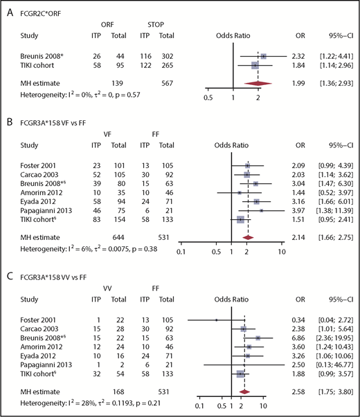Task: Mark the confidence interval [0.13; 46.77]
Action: tap(336, 363)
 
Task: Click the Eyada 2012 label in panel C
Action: tap(33, 353)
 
